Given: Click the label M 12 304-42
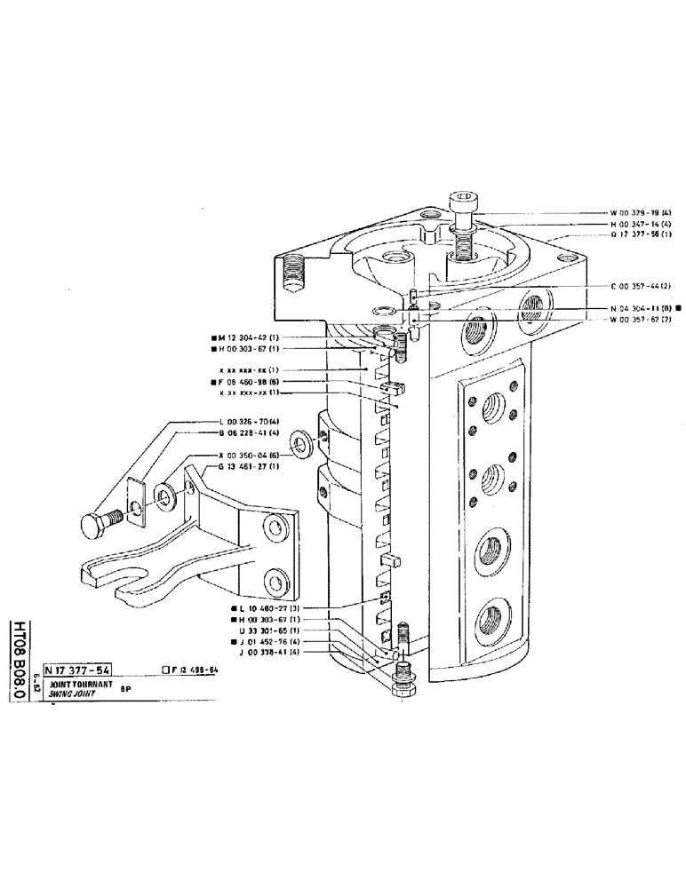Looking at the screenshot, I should click(x=250, y=337).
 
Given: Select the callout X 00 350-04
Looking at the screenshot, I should click(x=250, y=454).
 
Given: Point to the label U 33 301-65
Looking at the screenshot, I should click(x=272, y=629).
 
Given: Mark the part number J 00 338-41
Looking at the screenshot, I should click(x=272, y=653).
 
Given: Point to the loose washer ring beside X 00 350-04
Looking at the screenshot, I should click(x=299, y=440).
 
